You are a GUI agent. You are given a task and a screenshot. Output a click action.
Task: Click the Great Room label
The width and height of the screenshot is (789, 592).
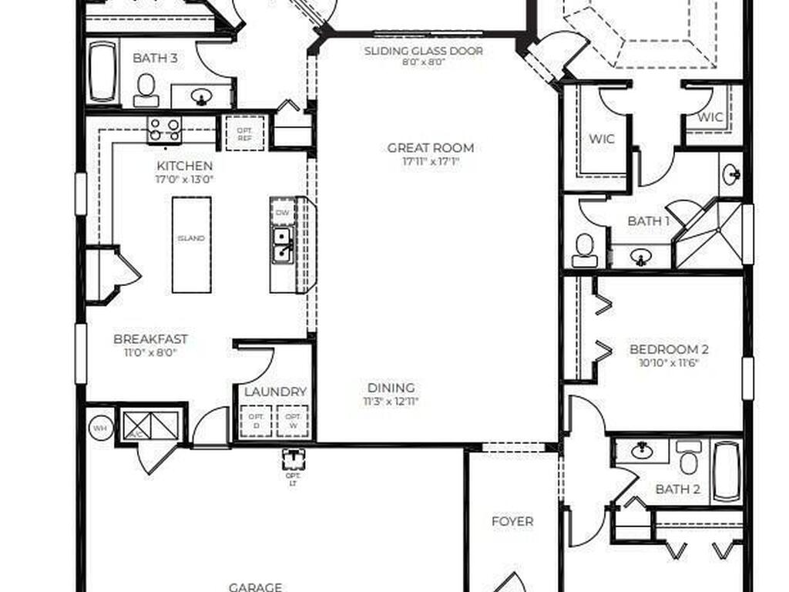coord(431,148)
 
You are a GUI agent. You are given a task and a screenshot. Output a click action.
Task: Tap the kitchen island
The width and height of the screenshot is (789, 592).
coord(191,244)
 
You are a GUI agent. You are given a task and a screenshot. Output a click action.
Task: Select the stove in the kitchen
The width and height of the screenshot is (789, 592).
coord(164,129)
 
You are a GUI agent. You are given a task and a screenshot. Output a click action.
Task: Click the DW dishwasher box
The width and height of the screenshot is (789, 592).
coord(283,211)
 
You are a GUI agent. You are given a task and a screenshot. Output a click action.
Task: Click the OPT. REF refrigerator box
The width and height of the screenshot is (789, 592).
coord(244,133)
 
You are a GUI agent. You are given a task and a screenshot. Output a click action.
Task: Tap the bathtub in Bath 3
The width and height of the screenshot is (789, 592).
coord(102,72)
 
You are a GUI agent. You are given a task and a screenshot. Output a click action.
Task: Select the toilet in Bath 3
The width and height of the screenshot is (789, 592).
coord(146,90)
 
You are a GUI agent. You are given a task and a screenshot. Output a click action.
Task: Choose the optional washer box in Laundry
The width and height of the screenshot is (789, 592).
coord(293,421)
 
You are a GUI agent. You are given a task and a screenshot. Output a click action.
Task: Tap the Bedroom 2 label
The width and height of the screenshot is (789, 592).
coord(669,349)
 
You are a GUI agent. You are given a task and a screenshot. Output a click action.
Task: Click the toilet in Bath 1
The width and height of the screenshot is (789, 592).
coord(585,250)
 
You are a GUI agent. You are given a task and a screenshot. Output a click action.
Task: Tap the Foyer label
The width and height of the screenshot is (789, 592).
coord(512,522)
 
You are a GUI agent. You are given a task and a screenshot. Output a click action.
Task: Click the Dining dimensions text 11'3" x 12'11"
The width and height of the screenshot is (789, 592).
coord(391,402)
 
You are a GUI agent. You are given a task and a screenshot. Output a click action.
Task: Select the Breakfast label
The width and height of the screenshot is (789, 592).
coord(150,339)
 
